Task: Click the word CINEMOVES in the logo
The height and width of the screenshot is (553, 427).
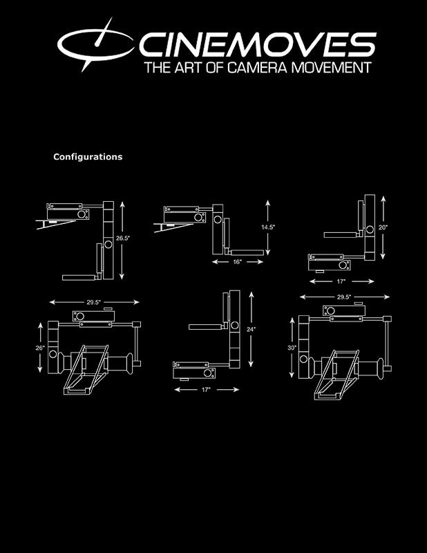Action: click(258, 44)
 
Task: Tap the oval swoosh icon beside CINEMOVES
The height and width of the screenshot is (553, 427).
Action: click(95, 44)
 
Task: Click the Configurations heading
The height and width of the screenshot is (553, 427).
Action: click(88, 157)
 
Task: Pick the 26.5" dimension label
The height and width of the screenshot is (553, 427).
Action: click(123, 238)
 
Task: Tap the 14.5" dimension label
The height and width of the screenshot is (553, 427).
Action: click(268, 227)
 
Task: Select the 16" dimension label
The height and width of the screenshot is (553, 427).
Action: click(237, 262)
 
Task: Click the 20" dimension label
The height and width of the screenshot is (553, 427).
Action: click(383, 227)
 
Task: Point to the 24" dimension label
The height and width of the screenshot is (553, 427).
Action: click(251, 330)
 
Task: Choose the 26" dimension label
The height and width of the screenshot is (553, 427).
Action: click(40, 348)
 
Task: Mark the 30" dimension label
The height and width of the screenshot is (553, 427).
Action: click(292, 348)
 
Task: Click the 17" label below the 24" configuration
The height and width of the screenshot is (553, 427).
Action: click(206, 390)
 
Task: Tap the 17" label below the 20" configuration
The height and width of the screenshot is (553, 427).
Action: click(341, 281)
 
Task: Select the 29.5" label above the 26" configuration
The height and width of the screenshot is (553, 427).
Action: click(93, 302)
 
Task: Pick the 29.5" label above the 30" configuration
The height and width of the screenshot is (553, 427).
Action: click(344, 297)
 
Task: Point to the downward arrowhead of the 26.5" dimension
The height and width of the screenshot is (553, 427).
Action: click(122, 277)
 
